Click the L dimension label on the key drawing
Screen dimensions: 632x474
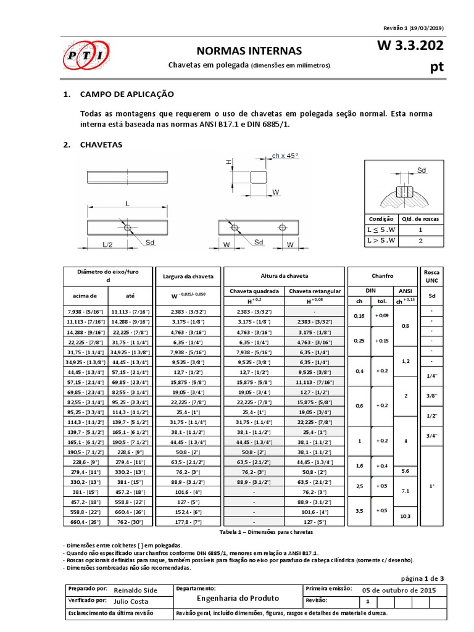point(127,202)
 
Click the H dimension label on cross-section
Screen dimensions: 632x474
point(228,162)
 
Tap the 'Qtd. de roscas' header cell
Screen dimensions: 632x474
point(421,218)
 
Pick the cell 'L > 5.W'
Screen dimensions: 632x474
point(380,241)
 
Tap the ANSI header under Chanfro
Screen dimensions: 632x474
point(404,291)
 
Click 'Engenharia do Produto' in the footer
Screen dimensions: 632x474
point(238,598)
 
